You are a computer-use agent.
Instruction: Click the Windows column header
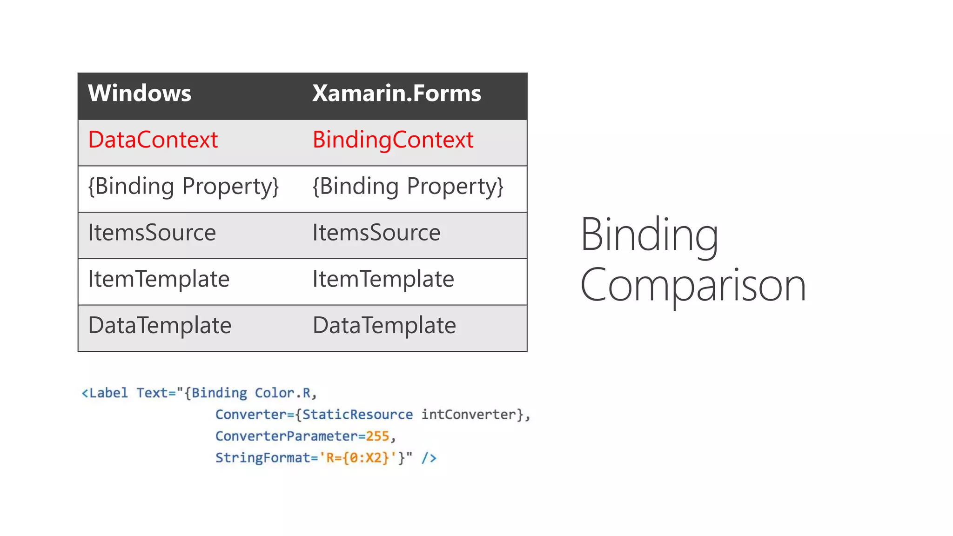point(139,93)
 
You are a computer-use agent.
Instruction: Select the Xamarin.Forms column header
point(396,93)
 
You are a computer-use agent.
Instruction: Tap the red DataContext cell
point(153,140)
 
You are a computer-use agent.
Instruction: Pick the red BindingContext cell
point(393,140)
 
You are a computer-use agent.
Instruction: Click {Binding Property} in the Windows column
point(183,187)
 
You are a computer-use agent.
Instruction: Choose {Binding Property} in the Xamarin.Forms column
point(408,187)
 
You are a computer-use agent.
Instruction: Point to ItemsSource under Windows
point(152,233)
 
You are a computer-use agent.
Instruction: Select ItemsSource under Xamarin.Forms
point(376,233)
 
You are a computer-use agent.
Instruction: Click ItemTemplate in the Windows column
point(159,279)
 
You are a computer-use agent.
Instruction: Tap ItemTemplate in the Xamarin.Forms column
point(383,279)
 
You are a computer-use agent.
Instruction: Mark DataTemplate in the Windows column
point(160,325)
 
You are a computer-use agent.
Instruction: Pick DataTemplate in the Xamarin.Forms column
point(384,325)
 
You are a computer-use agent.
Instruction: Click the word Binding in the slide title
point(649,234)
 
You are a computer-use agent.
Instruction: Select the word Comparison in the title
point(692,285)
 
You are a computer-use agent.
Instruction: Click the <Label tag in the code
point(105,393)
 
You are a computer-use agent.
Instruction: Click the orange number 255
point(377,436)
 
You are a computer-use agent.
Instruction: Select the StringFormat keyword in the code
point(262,458)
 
